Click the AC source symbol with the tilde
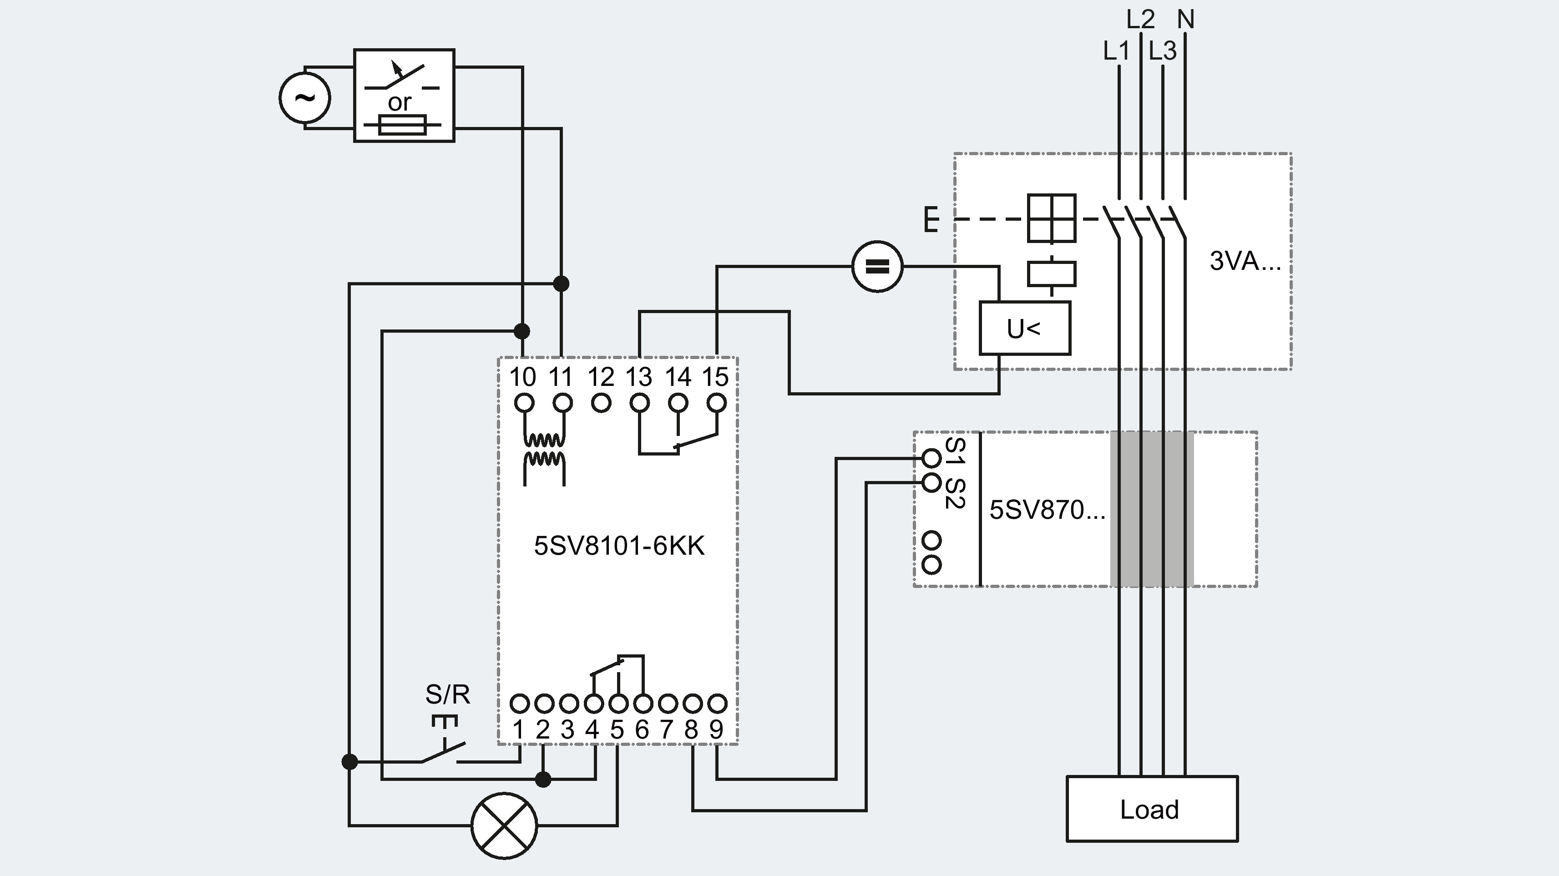[x=305, y=97]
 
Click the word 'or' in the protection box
[x=400, y=102]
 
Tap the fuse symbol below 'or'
[x=402, y=125]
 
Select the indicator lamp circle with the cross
[x=504, y=825]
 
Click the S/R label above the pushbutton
[x=448, y=694]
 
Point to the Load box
[x=1152, y=809]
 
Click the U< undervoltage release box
[x=1025, y=328]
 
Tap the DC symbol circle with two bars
[x=877, y=266]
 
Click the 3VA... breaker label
[x=1245, y=261]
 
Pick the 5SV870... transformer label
[x=1047, y=510]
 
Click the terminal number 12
[x=601, y=377]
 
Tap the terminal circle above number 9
[x=717, y=704]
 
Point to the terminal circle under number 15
[x=717, y=403]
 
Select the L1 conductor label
[x=1116, y=51]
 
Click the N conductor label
[x=1185, y=20]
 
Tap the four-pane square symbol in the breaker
[x=1052, y=218]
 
